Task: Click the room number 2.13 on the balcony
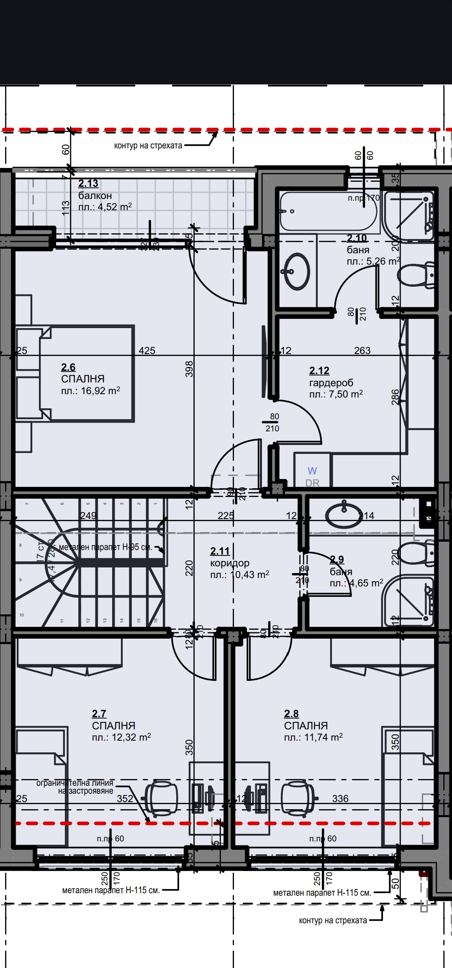coord(88,183)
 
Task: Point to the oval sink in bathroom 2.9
coord(344,515)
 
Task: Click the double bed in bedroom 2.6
coord(87,373)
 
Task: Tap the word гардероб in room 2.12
coord(331,382)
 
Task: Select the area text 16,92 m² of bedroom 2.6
coord(90,391)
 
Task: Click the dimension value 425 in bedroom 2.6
coord(147,351)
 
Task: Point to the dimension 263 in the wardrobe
coord(362,351)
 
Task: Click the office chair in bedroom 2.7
coord(161,798)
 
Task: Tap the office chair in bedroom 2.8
coord(298,798)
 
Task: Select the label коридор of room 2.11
coord(230,563)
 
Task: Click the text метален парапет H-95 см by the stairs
coord(105,547)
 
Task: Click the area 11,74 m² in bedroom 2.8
coord(313,737)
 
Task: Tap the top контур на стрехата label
coord(148,145)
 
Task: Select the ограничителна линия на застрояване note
coord(75,787)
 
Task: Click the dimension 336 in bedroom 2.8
coord(340,799)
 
